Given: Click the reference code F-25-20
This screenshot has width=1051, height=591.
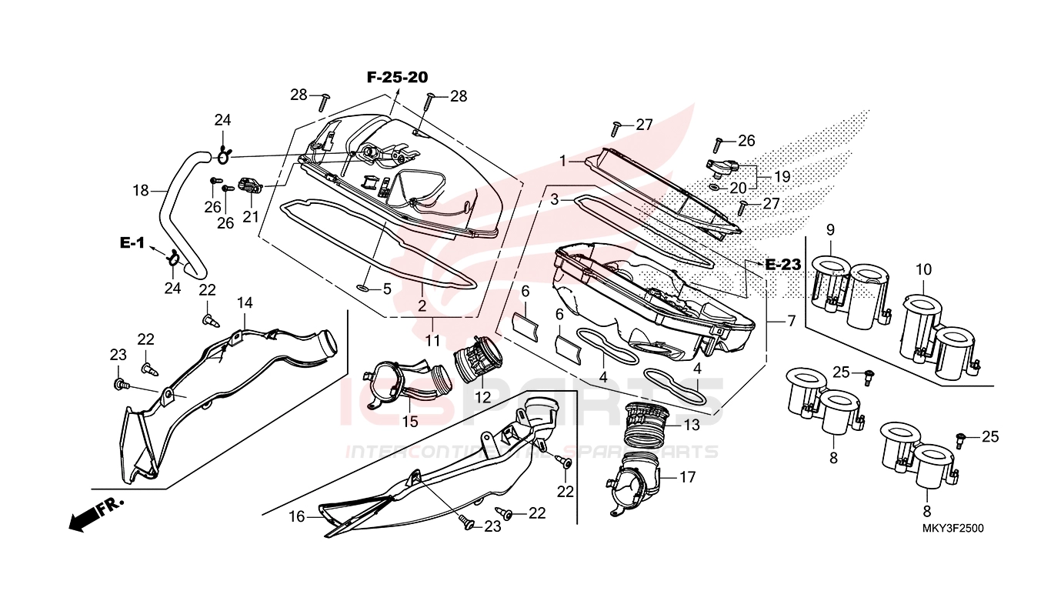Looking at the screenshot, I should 397,77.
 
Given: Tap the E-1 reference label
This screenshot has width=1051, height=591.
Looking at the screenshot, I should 132,242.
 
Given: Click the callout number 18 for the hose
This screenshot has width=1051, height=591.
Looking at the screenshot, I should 140,190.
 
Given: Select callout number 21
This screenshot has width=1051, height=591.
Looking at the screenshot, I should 251,217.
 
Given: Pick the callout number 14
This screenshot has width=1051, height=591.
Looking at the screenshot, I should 245,302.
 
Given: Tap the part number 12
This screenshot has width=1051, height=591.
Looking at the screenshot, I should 482,398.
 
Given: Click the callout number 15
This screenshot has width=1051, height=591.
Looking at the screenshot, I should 409,422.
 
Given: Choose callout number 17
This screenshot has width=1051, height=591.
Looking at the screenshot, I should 687,477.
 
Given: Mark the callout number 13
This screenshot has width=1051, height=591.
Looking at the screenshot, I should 692,424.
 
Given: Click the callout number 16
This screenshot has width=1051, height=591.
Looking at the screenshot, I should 297,517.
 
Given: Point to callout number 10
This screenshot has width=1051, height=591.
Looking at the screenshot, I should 923,269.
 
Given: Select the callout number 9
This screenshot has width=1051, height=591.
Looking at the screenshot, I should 830,229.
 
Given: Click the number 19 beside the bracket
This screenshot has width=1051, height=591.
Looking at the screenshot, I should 782,176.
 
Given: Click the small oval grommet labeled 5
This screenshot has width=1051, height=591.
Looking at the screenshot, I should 363,289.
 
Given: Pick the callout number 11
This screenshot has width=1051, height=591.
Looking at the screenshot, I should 432,339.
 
